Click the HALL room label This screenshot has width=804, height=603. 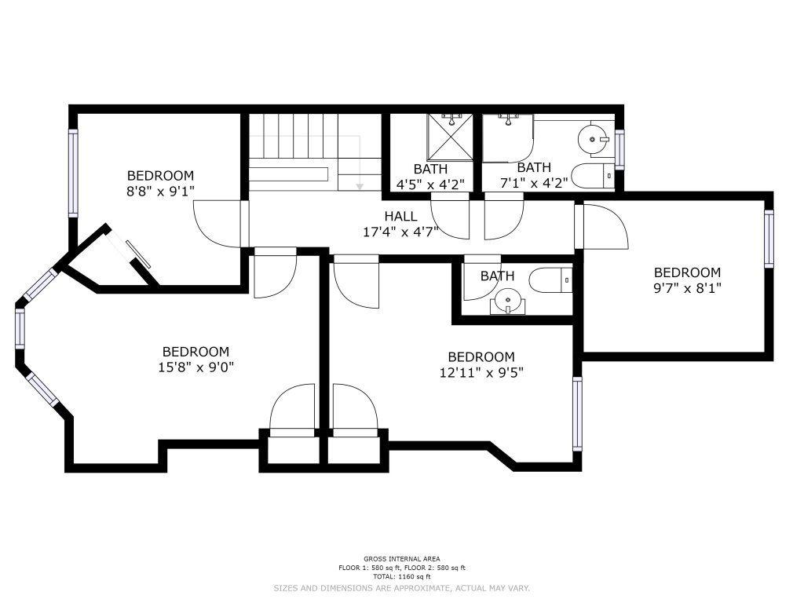pos(400,217)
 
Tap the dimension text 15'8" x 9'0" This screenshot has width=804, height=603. pos(196,367)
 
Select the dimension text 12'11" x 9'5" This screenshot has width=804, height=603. pos(481,372)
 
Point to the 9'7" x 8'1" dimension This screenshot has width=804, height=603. pos(687,288)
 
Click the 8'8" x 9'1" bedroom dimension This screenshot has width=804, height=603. pos(160,192)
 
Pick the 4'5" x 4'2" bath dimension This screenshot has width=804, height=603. pos(431,184)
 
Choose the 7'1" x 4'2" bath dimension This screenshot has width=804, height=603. pos(534,182)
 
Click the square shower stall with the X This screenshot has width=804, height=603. pos(450,137)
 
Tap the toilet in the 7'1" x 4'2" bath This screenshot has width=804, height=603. pos(592,176)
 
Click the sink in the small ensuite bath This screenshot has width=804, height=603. pos(508,301)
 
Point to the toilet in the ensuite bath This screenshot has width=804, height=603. pos(550,280)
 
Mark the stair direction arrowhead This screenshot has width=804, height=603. pos(360,185)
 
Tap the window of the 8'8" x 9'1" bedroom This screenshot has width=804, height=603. pos(73,173)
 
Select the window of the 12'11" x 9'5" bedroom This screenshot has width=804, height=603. pos(577,414)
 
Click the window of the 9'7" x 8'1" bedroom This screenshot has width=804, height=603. pos(769,239)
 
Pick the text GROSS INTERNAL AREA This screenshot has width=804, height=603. pos(402,559)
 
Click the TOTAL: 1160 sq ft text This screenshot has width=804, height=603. pos(402,576)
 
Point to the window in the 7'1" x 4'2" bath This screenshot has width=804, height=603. pos(619,149)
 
